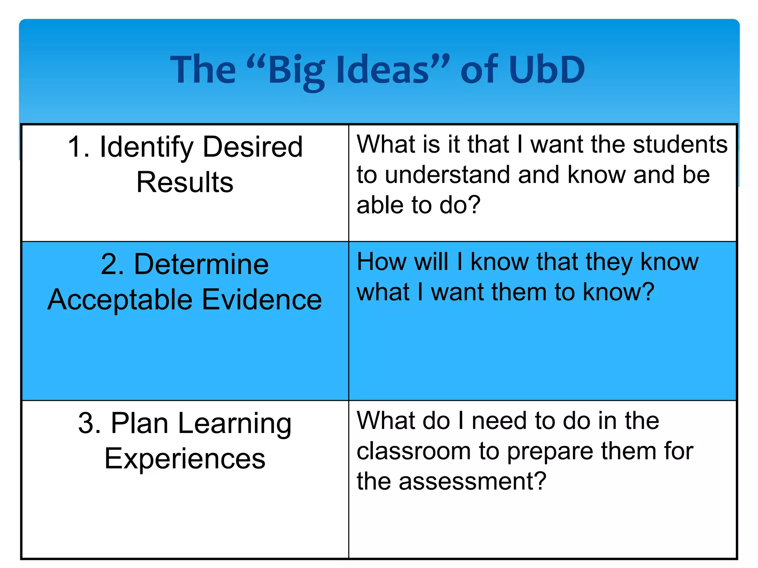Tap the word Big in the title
(296, 70)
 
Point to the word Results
(185, 182)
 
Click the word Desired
(253, 147)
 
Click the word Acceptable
(120, 300)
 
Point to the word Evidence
(262, 300)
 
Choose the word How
(381, 262)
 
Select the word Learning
(235, 424)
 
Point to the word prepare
(550, 452)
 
